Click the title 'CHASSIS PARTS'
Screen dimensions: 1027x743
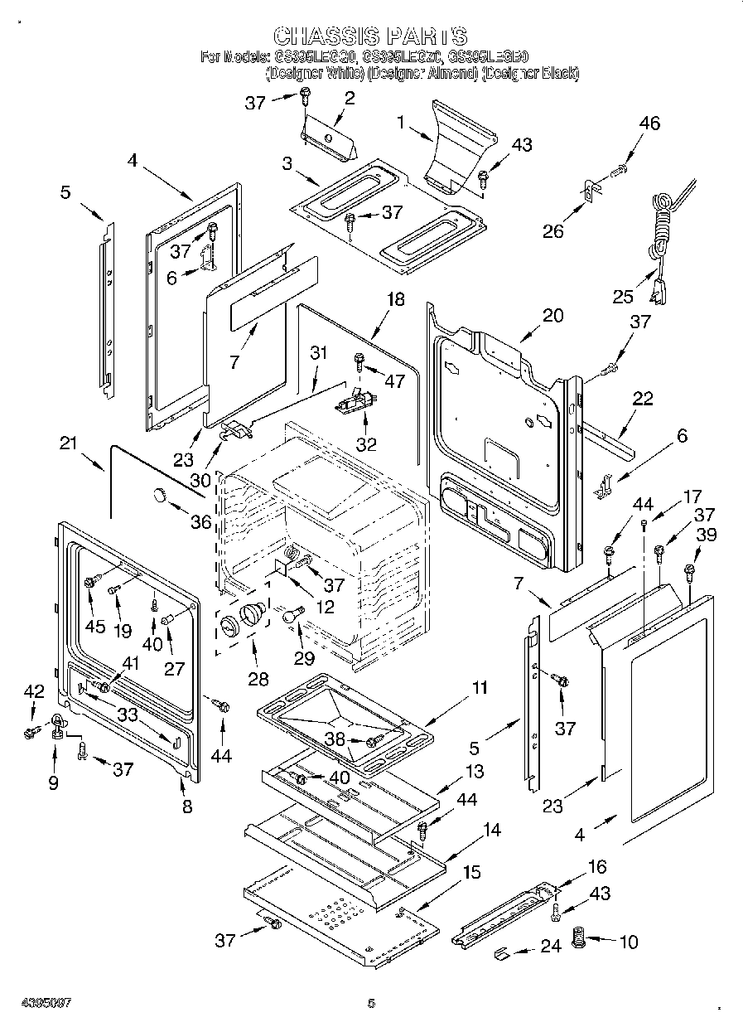(370, 36)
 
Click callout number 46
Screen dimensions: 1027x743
(649, 124)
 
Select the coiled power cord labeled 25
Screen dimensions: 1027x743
(663, 224)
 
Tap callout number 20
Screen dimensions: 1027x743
(552, 315)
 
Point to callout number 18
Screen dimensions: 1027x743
(396, 299)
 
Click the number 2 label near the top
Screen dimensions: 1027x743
(349, 98)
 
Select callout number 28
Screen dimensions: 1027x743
(258, 679)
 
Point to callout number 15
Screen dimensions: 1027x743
(471, 872)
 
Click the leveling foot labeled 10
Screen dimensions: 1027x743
(579, 942)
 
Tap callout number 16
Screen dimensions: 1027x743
(596, 867)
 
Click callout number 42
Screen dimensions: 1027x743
(33, 692)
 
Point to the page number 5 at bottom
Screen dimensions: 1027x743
(371, 1004)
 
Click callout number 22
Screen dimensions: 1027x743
(642, 400)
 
